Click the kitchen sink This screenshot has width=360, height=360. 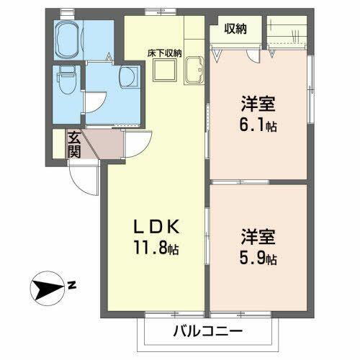(x=194, y=71)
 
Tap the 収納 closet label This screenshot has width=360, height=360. (x=235, y=29)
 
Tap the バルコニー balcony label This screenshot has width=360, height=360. (x=207, y=333)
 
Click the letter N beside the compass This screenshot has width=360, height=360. (x=72, y=286)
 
